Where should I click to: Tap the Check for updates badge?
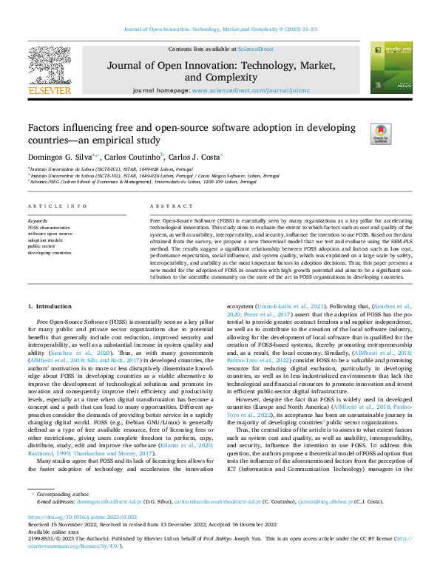[380, 132]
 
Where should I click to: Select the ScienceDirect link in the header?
[255, 49]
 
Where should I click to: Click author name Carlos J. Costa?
[194, 157]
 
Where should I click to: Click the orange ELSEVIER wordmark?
[49, 91]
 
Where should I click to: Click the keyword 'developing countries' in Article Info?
[49, 253]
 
